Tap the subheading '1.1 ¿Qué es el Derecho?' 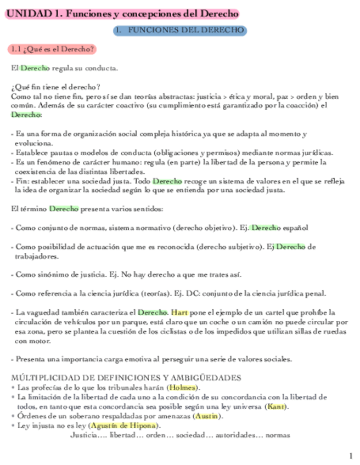[52, 49]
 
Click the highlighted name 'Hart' [179, 312]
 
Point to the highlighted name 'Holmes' [183, 388]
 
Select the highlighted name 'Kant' [275, 406]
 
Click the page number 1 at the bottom [351, 456]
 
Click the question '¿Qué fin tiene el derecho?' [55, 87]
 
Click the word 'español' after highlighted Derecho [296, 228]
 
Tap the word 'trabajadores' [37, 256]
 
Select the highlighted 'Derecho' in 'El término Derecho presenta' [64, 209]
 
